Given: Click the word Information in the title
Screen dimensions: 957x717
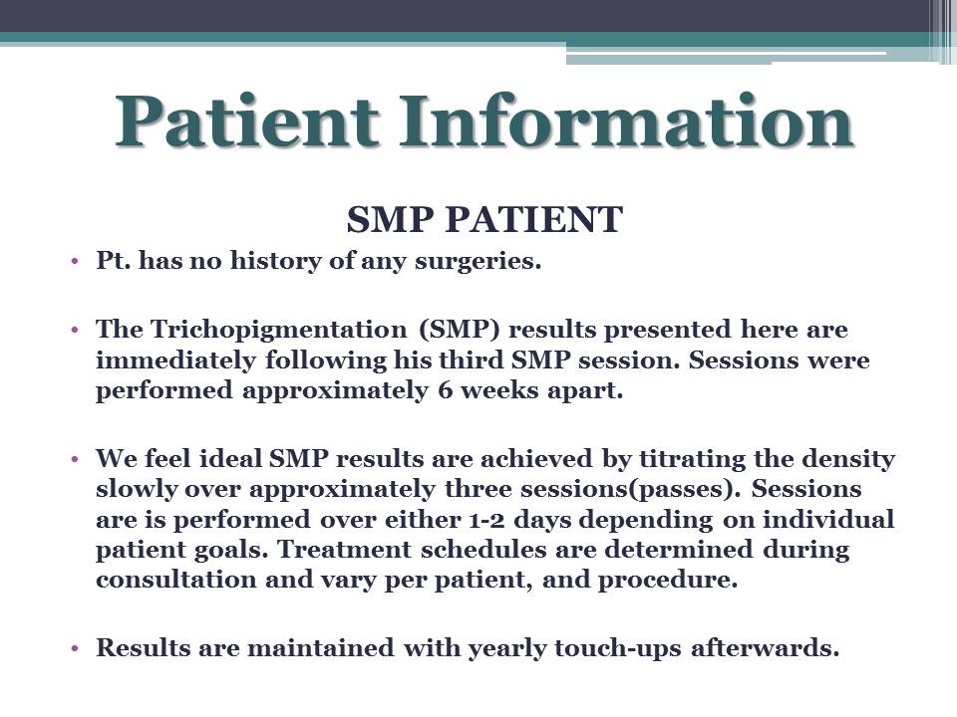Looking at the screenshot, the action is pos(626,120).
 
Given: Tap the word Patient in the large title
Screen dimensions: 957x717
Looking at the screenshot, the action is pos(246,120).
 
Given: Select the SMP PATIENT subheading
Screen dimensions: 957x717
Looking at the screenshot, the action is pos(484,219).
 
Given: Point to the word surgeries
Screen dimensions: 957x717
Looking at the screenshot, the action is pos(478,262).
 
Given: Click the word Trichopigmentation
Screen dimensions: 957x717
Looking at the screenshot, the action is pos(279,331).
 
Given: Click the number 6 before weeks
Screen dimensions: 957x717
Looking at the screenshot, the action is pos(445,390).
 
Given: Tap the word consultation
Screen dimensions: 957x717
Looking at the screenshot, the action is pos(175,580).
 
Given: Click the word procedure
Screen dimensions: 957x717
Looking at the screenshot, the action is pos(668,581).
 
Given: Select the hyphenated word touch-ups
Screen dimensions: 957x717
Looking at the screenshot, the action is pos(618,648).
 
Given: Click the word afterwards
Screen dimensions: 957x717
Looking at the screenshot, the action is pos(766,647).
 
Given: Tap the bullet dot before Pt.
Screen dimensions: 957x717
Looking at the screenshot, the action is pos(75,262).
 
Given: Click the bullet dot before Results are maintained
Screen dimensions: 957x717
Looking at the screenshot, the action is pos(75,648).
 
